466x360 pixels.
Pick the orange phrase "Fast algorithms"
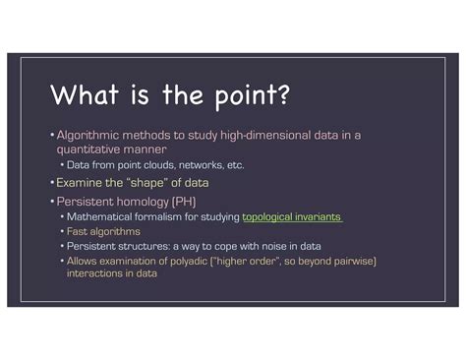[x=103, y=231]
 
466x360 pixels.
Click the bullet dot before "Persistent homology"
[x=52, y=201]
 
